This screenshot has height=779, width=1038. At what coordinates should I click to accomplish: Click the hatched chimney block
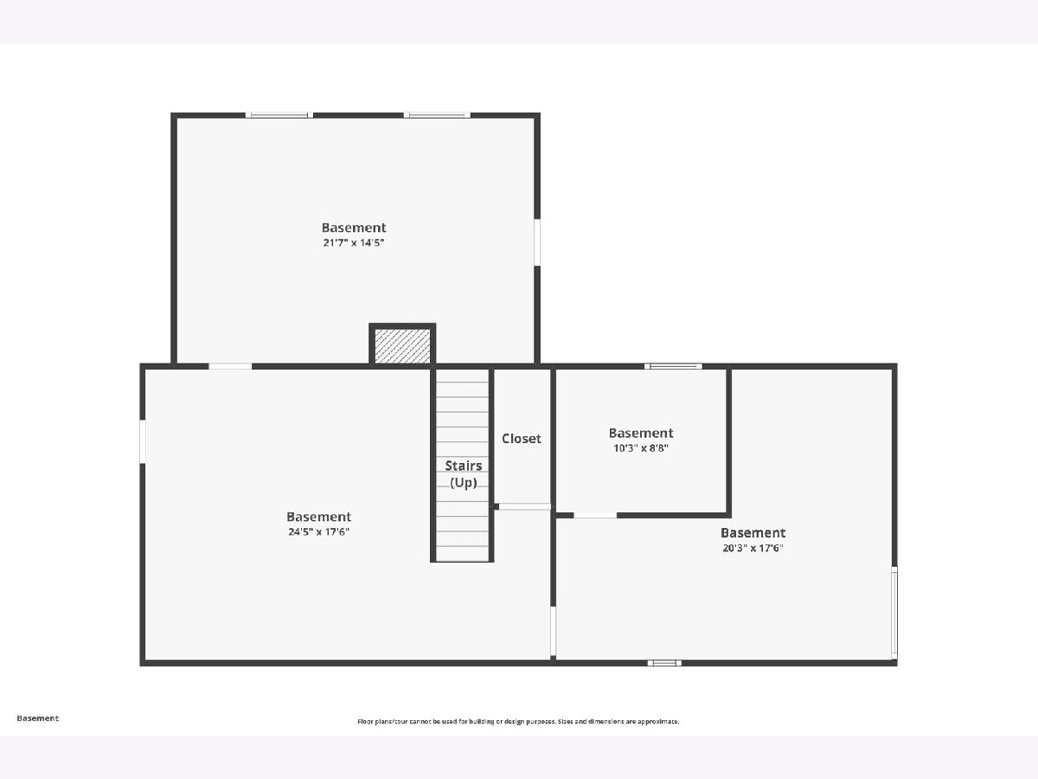click(402, 346)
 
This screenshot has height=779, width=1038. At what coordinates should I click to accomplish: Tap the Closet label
click(521, 439)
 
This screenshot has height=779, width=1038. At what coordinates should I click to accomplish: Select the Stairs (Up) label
click(464, 474)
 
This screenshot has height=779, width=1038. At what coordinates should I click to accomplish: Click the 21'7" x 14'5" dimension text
click(354, 242)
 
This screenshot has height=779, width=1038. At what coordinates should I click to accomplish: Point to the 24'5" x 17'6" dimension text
click(318, 531)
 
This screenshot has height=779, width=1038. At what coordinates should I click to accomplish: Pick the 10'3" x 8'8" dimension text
click(641, 447)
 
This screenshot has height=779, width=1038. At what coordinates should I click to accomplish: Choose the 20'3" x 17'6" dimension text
click(753, 548)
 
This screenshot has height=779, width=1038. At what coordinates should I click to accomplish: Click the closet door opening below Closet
click(525, 506)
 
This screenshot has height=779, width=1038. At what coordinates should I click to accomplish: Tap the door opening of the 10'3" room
click(595, 515)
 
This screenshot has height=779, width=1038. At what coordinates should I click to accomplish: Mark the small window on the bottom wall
click(664, 663)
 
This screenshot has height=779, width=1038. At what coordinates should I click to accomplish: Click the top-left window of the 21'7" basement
click(279, 115)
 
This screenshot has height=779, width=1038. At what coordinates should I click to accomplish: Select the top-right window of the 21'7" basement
click(437, 115)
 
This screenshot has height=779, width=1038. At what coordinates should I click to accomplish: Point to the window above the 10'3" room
click(673, 366)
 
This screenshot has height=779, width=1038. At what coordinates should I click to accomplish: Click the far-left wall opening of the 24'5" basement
click(143, 441)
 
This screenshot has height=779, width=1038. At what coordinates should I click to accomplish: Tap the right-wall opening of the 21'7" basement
click(537, 242)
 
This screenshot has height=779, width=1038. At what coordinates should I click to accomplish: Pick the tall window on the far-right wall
click(894, 613)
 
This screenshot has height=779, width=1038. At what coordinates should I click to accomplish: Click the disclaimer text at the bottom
click(518, 721)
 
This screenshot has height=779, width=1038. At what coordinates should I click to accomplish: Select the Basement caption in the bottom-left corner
click(38, 718)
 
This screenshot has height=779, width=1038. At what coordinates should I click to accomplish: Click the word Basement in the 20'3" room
click(753, 532)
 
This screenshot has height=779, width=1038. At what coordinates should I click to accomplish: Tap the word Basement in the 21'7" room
click(354, 228)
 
